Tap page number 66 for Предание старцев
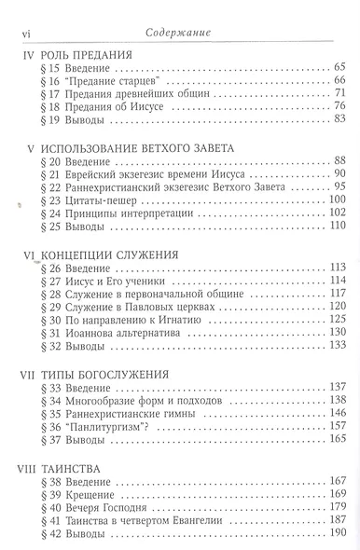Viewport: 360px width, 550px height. [339, 82]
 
